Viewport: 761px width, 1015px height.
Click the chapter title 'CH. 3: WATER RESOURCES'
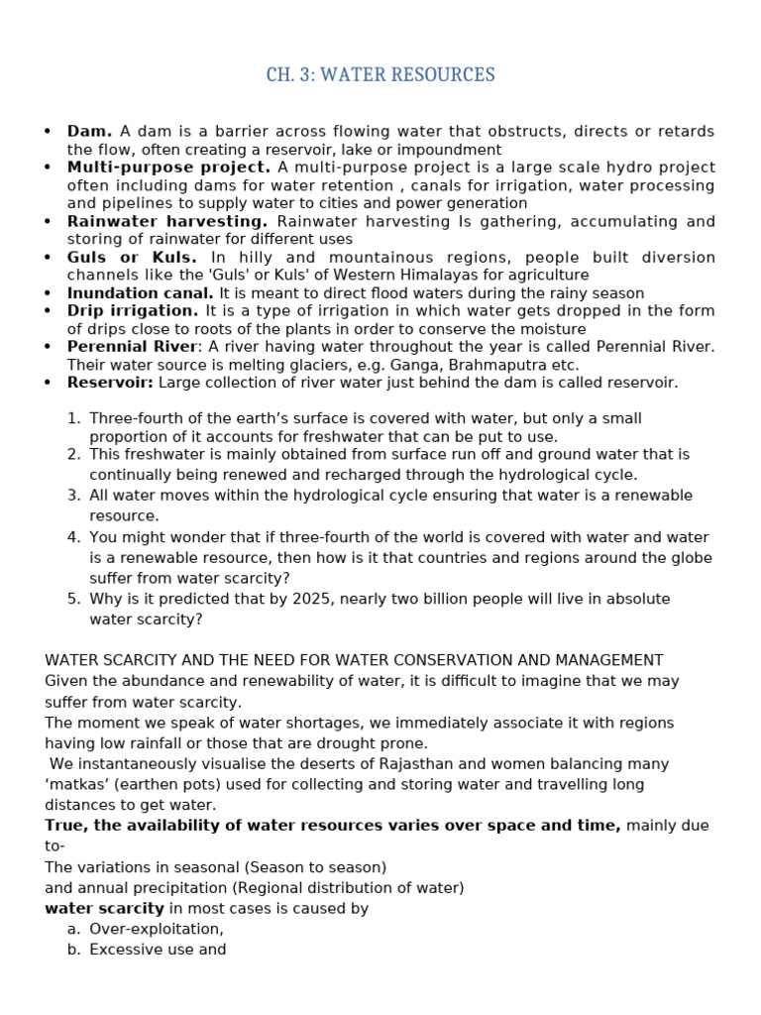tap(380, 75)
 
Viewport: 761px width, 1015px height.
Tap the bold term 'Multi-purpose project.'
tap(168, 167)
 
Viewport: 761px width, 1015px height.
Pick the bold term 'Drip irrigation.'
tap(133, 311)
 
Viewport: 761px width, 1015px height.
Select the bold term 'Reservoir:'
tap(110, 383)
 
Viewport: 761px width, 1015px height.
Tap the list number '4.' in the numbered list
tap(73, 537)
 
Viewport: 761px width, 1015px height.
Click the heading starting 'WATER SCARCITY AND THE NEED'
tap(354, 660)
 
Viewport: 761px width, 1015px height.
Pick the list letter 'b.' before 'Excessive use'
tap(73, 949)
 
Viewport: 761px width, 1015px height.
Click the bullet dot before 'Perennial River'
tap(47, 347)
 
